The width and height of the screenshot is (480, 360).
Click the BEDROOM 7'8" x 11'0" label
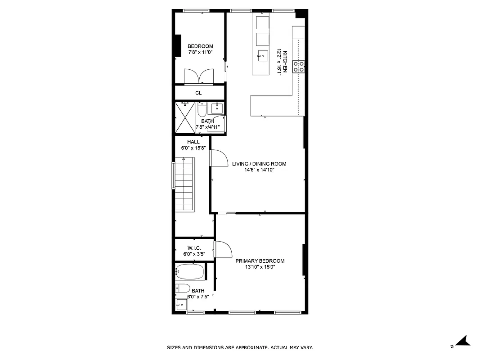(200, 49)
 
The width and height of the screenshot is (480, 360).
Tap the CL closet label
(198, 93)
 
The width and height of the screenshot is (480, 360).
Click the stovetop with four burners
(299, 67)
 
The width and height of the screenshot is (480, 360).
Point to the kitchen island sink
(262, 56)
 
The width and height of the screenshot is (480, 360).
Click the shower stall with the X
(184, 117)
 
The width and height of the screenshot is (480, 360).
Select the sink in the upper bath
(218, 108)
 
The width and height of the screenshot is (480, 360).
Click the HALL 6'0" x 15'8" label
(193, 145)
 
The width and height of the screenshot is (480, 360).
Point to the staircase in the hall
(184, 184)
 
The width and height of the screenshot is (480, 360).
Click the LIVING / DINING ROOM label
(259, 167)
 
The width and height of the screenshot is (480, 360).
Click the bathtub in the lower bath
(190, 272)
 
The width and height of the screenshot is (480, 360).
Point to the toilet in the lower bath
(183, 288)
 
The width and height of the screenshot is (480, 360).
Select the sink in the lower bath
(181, 305)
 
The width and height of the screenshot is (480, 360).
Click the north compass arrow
(463, 341)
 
